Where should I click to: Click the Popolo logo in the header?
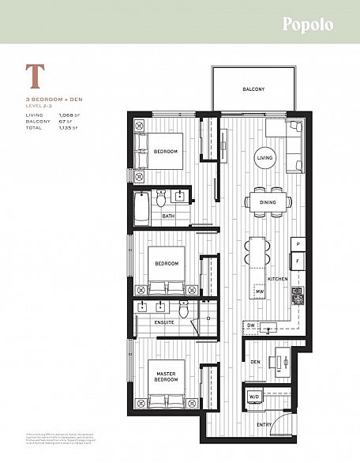[x=308, y=24]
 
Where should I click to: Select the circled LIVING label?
[x=264, y=158]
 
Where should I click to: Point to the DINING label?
[x=264, y=202]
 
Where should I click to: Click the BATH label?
[x=168, y=216]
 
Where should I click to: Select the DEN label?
[x=256, y=363]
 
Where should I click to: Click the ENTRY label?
[x=264, y=425]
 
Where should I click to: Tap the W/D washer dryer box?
[x=255, y=395]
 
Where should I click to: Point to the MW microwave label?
[x=258, y=292]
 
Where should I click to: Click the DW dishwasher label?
[x=250, y=325]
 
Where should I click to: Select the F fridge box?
[x=298, y=259]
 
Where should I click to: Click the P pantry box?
[x=298, y=243]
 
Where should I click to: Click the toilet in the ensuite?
[x=183, y=309]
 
